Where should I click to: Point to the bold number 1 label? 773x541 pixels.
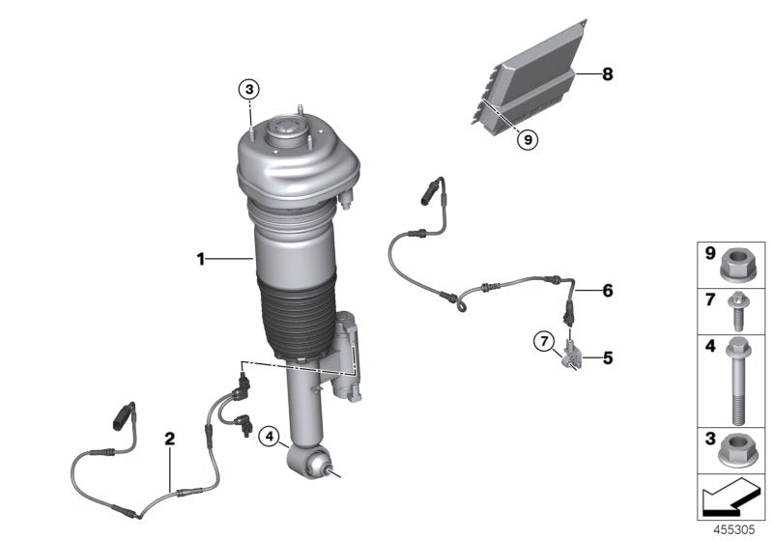201,259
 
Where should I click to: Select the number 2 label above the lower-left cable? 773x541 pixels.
170,439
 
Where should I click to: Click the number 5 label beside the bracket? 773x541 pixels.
607,357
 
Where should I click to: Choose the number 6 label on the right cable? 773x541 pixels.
607,290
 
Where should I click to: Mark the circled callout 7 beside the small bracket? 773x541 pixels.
544,341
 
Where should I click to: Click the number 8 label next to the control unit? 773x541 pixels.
607,73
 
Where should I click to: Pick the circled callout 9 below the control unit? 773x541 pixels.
527,139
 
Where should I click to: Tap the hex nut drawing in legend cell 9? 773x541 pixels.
739,263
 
